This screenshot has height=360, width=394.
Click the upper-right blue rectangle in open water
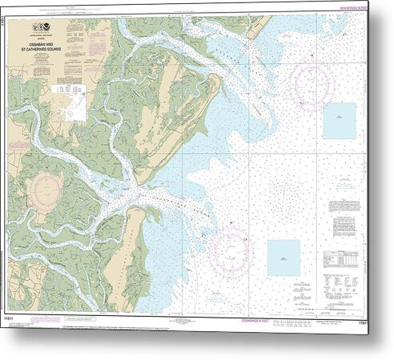point(339,120)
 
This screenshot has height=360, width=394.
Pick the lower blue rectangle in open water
point(283,258)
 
